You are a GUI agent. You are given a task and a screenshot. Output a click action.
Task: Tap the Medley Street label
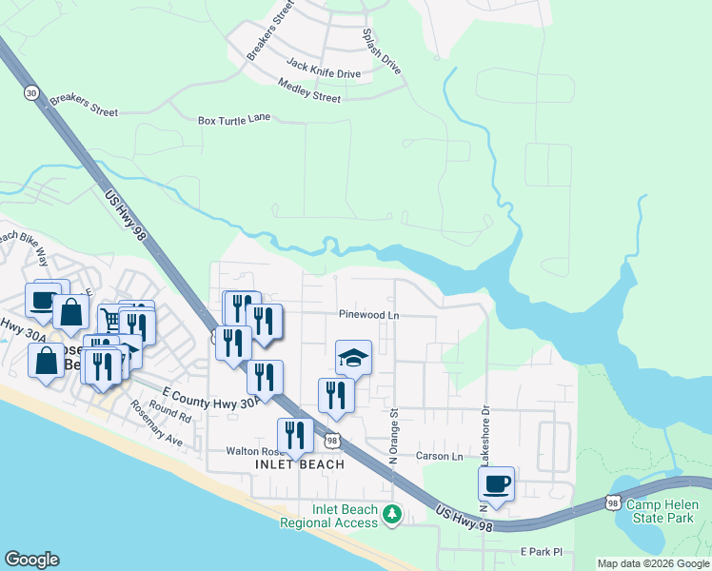pyautogui.click(x=309, y=91)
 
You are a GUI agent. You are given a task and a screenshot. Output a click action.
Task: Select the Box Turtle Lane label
pyautogui.click(x=234, y=120)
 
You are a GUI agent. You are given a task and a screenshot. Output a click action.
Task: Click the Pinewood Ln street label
pyautogui.click(x=367, y=315)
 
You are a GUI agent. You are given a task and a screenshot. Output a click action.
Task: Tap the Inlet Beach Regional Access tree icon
pyautogui.click(x=391, y=515)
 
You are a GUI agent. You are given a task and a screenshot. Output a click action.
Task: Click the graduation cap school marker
pyautogui.click(x=353, y=357)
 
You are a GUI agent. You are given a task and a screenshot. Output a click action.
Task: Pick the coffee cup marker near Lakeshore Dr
pyautogui.click(x=497, y=483)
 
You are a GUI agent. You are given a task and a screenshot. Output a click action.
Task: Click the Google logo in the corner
pyautogui.click(x=31, y=560)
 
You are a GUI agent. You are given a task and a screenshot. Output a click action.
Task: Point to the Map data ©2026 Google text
pyautogui.click(x=653, y=563)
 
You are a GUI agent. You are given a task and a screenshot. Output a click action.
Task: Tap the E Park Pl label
pyautogui.click(x=542, y=552)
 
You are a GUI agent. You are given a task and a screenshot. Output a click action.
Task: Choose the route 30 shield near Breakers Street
pyautogui.click(x=32, y=93)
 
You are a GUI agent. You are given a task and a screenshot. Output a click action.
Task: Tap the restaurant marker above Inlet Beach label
pyautogui.click(x=295, y=436)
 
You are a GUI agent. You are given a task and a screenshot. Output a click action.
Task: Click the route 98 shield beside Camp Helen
pyautogui.click(x=613, y=502)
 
